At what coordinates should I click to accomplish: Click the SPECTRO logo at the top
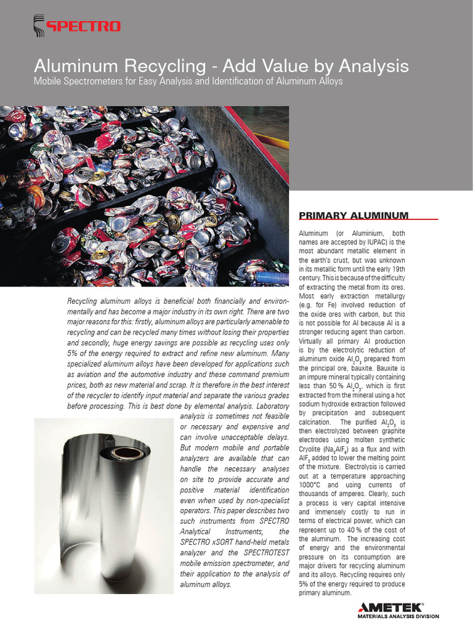pyautogui.click(x=76, y=25)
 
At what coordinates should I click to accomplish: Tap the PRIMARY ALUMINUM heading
pyautogui.click(x=353, y=215)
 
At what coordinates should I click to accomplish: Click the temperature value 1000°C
pyautogui.click(x=313, y=485)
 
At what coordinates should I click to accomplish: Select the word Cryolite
pyautogui.click(x=313, y=449)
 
